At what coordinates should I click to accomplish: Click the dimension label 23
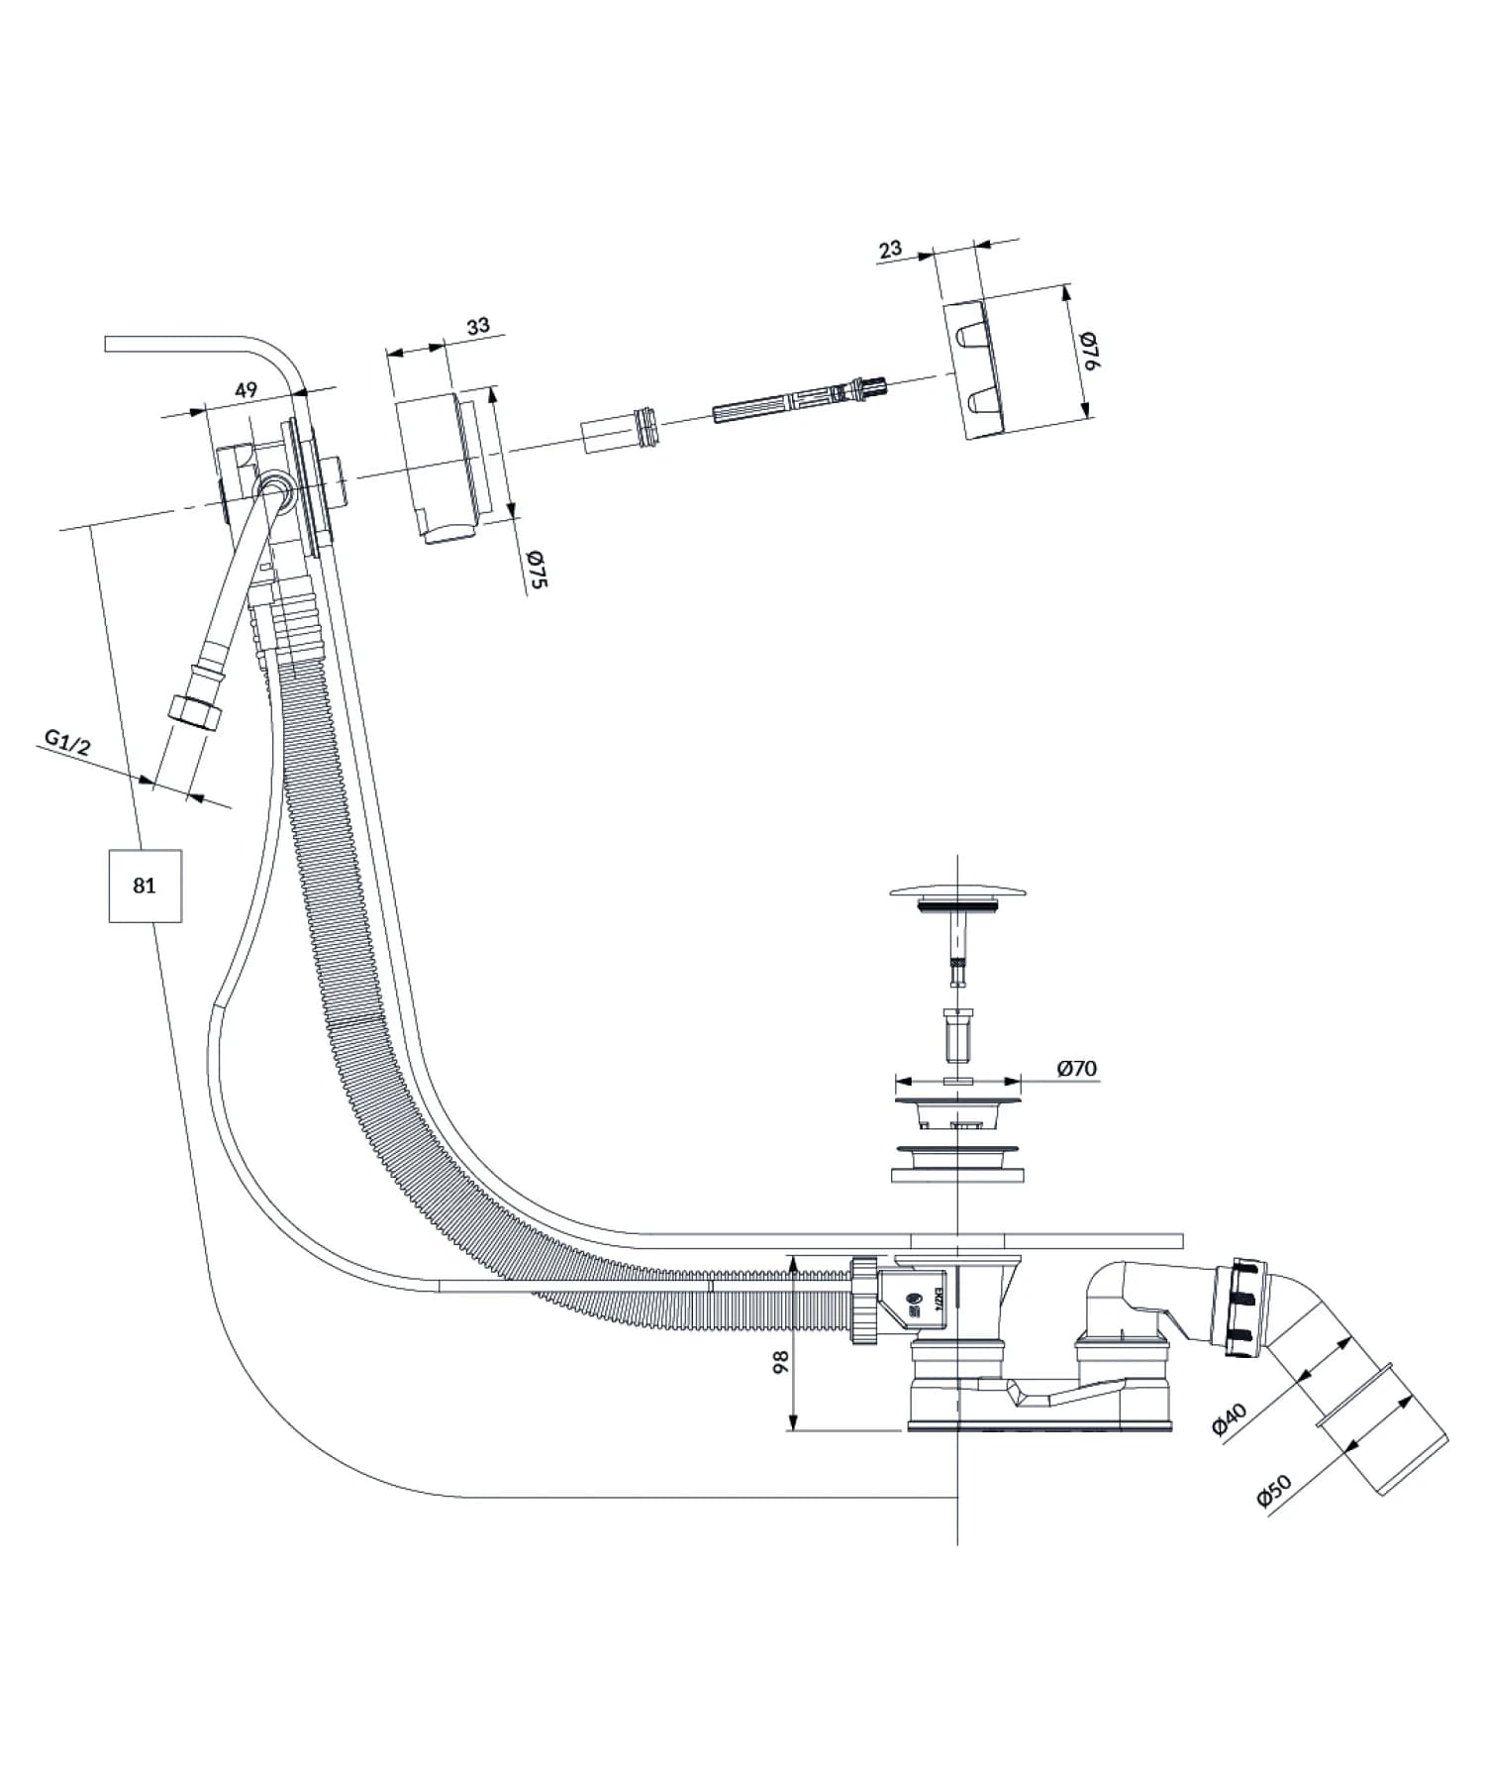pyautogui.click(x=889, y=248)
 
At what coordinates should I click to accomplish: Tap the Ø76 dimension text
pyautogui.click(x=1089, y=351)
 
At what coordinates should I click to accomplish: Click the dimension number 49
pyautogui.click(x=246, y=389)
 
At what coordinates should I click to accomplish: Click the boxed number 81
pyautogui.click(x=145, y=885)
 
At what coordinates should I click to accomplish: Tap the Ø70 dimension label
pyautogui.click(x=1076, y=1068)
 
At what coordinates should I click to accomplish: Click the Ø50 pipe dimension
pyautogui.click(x=1274, y=1491)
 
